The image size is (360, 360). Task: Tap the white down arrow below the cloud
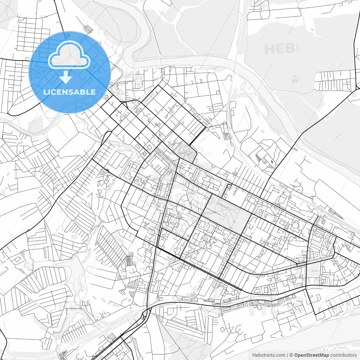click(66, 77)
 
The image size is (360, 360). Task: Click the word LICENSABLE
click(69, 92)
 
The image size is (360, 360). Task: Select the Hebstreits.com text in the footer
click(269, 355)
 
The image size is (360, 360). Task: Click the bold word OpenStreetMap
click(312, 355)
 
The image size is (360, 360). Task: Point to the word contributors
click(343, 355)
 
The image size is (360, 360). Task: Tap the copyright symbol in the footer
click(291, 355)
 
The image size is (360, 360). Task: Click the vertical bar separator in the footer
click(287, 355)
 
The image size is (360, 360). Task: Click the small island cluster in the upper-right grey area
click(296, 78)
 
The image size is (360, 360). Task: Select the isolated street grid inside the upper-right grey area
click(335, 80)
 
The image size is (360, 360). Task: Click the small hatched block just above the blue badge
click(88, 29)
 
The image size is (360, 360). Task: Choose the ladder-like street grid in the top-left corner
click(30, 38)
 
